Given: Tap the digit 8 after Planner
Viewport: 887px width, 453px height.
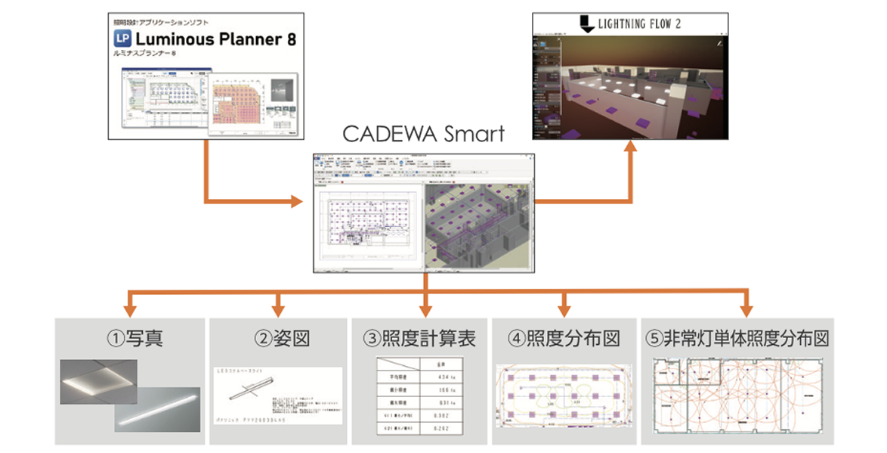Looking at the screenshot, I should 291,39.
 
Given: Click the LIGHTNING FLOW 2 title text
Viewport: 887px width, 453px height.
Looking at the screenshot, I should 639,24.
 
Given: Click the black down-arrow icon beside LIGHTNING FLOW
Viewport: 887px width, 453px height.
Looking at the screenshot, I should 585,25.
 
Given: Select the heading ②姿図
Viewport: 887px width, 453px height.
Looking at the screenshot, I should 277,339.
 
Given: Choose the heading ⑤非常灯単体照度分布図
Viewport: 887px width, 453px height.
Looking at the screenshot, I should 736,339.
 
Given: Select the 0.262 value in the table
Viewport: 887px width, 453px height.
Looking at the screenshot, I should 443,430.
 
